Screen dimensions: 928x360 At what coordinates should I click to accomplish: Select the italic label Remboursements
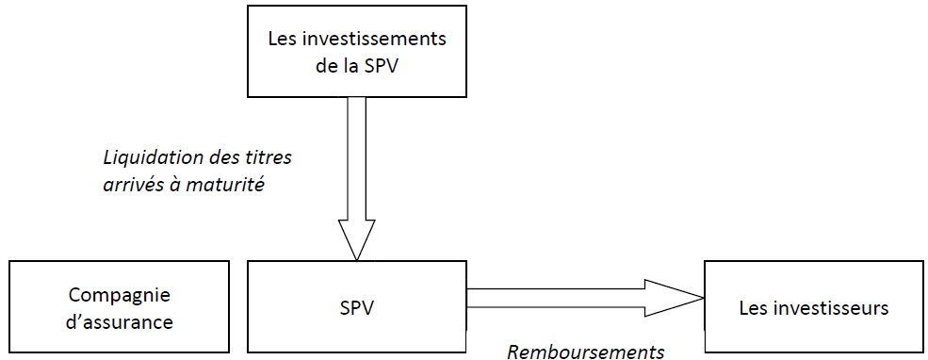click(x=586, y=352)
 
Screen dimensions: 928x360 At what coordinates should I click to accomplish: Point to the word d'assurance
click(x=120, y=322)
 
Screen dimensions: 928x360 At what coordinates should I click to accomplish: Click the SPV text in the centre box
click(x=356, y=308)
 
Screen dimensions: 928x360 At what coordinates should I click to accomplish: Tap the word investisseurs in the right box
click(x=832, y=308)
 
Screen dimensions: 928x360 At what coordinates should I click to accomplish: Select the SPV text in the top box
click(x=382, y=66)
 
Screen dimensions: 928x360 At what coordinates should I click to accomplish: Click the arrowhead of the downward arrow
click(x=356, y=239)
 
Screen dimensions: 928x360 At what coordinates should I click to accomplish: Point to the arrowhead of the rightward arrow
click(x=674, y=299)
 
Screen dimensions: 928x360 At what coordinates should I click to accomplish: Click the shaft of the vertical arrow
click(x=356, y=158)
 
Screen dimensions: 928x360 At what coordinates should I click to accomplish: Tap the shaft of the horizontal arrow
click(x=556, y=299)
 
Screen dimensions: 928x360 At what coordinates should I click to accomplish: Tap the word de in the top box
click(x=324, y=66)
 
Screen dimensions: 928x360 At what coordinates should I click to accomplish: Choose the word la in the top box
click(x=349, y=66)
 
